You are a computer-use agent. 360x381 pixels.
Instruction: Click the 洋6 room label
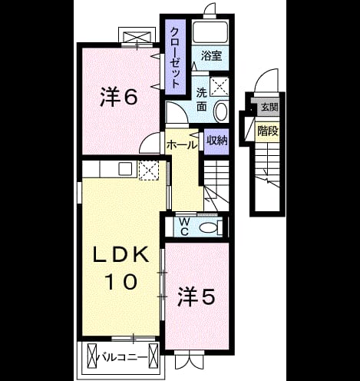pyautogui.click(x=119, y=97)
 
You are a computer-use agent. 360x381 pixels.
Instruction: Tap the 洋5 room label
pyautogui.click(x=196, y=297)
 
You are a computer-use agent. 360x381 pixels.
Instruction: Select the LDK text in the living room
pyautogui.click(x=121, y=254)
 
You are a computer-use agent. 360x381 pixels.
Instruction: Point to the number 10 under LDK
pyautogui.click(x=121, y=281)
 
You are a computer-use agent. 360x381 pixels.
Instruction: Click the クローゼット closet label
pyautogui.click(x=175, y=58)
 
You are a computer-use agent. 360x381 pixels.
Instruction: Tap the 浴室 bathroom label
pyautogui.click(x=211, y=55)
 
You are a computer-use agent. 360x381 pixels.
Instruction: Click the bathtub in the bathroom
pyautogui.click(x=210, y=32)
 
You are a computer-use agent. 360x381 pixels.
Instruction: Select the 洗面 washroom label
pyautogui.click(x=202, y=100)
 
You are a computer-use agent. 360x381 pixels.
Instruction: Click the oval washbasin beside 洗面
pyautogui.click(x=220, y=111)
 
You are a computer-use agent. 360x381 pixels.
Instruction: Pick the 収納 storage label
pyautogui.click(x=217, y=140)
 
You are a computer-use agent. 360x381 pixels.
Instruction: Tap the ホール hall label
pyautogui.click(x=182, y=145)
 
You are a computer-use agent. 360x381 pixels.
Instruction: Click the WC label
pyautogui.click(x=184, y=227)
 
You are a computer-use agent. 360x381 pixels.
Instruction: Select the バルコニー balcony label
pyautogui.click(x=123, y=357)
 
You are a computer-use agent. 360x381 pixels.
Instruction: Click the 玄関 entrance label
pyautogui.click(x=269, y=107)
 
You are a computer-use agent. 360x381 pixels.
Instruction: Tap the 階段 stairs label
pyautogui.click(x=267, y=131)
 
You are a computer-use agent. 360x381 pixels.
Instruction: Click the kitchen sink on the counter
pyautogui.click(x=125, y=169)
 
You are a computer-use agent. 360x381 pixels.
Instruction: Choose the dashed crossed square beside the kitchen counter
pyautogui.click(x=149, y=171)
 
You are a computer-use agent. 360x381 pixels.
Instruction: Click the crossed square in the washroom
pyautogui.click(x=220, y=87)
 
